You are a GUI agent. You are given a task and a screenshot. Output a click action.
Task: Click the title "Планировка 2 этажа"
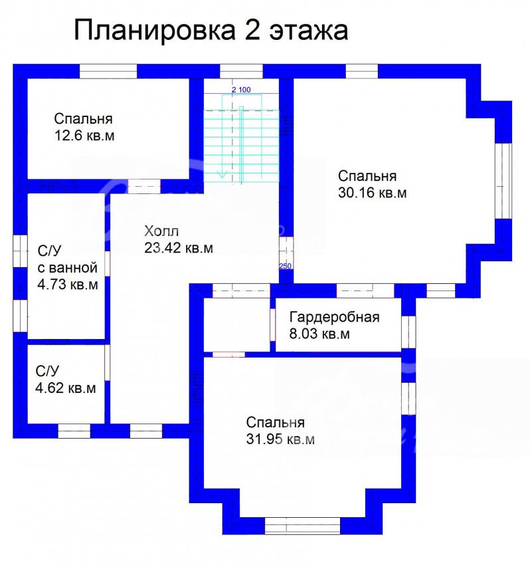coord(211,31)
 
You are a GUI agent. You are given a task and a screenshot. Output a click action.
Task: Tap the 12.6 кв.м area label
coord(84,136)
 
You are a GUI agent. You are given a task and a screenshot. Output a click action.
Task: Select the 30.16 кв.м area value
coord(373,193)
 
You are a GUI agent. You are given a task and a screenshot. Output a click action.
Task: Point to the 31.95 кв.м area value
coord(280,439)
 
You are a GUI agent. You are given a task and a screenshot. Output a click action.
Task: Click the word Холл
coord(161,231)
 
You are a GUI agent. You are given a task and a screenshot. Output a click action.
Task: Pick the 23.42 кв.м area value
coord(179,248)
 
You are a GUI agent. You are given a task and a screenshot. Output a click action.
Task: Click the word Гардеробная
coord(335,317)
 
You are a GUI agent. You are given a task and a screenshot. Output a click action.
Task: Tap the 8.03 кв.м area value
coord(319,334)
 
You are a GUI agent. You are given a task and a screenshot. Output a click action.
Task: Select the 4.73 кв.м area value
coord(68,284)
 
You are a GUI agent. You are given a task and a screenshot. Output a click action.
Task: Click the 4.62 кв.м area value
coord(66,388)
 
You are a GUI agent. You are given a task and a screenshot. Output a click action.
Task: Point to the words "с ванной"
coord(68,268)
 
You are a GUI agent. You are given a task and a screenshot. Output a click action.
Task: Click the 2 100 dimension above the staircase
coord(241,90)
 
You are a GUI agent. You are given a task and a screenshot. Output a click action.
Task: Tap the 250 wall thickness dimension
coord(285,267)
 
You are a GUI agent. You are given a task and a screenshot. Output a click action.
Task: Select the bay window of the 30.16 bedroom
coord(503,181)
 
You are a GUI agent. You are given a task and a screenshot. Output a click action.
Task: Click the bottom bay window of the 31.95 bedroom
coord(302,526)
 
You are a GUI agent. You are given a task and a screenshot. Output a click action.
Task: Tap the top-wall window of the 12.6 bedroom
coord(108,71)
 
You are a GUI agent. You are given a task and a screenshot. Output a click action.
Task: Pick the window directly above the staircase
coord(241,71)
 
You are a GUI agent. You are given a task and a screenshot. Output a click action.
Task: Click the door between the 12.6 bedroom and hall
coord(144,187)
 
